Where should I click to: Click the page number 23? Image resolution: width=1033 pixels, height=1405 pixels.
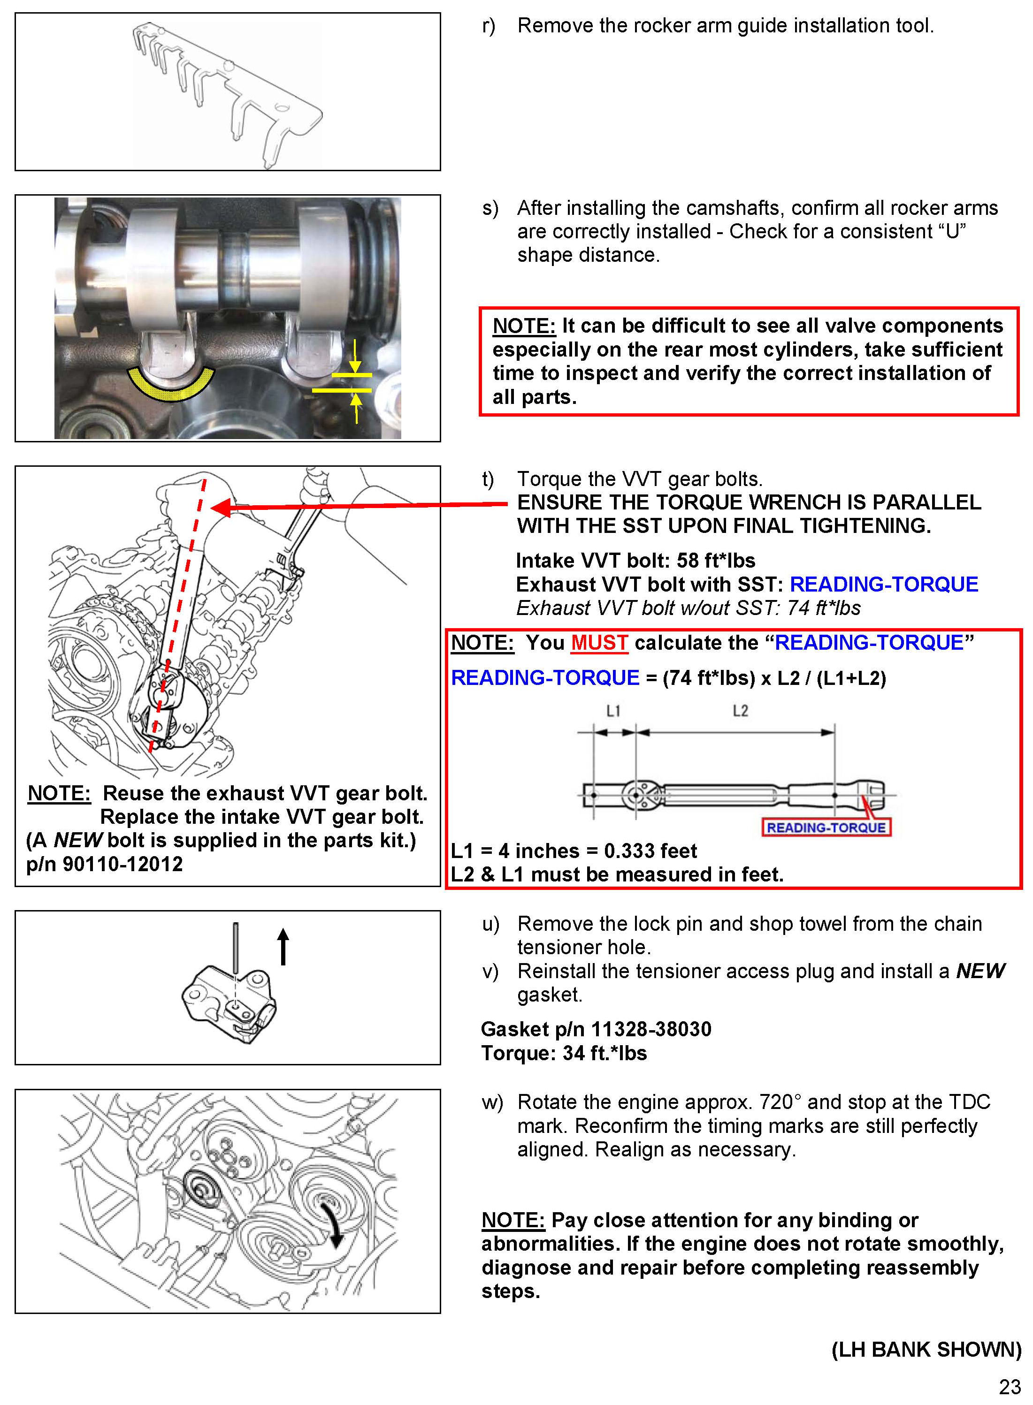[1009, 1386]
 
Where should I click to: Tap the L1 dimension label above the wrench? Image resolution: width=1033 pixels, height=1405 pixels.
[613, 711]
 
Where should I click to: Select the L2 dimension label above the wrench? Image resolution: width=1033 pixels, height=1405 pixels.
[740, 711]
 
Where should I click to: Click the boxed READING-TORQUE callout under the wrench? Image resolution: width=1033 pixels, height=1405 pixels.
[826, 828]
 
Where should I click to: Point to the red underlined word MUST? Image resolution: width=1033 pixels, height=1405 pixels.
[599, 643]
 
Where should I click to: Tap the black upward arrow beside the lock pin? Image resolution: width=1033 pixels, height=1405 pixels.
[283, 946]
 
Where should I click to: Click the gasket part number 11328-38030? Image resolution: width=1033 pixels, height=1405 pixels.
[651, 1029]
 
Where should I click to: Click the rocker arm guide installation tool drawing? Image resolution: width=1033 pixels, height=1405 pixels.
[228, 94]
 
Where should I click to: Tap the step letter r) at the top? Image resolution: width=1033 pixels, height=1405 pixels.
[489, 26]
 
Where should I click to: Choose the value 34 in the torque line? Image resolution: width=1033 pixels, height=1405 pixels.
[574, 1053]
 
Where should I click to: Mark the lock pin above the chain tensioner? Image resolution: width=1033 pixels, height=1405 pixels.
[236, 947]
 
